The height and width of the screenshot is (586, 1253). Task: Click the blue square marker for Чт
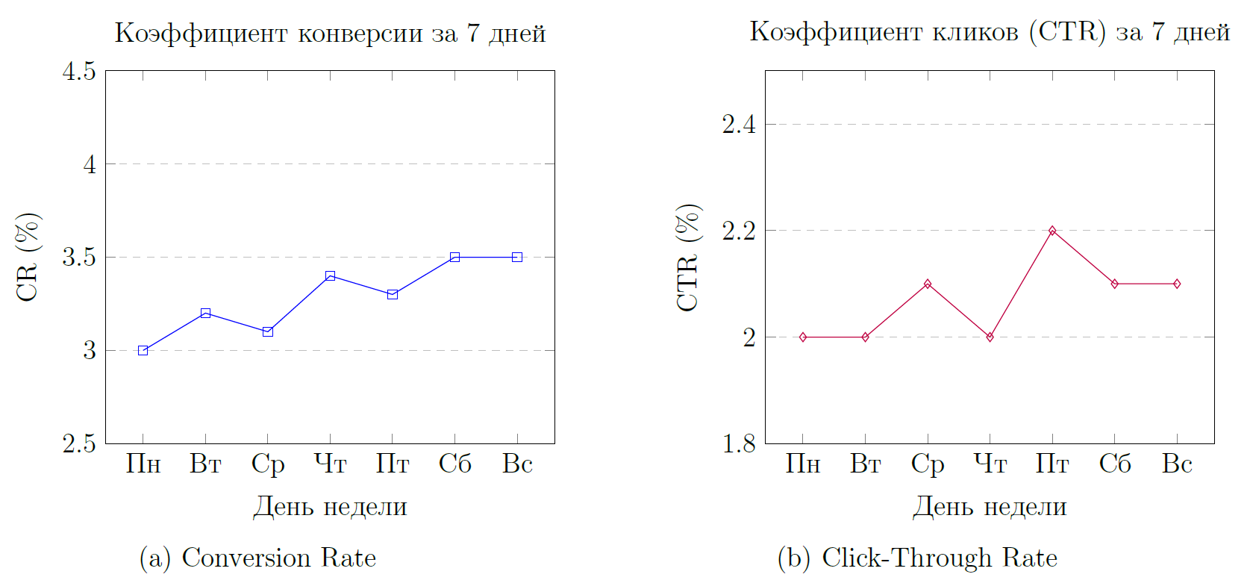tap(330, 276)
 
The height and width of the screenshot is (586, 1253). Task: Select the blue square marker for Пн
tap(143, 350)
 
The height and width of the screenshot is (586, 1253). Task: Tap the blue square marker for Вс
tap(517, 257)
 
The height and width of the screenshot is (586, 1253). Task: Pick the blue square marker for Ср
tap(268, 331)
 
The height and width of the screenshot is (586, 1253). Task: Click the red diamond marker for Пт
tap(1052, 231)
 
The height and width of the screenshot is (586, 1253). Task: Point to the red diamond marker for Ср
tap(928, 284)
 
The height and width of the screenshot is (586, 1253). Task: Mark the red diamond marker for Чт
tap(990, 337)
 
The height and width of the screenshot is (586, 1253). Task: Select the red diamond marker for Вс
tap(1177, 284)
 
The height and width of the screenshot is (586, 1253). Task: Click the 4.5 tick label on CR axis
tap(80, 72)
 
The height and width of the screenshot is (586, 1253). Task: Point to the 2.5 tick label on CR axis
tap(80, 443)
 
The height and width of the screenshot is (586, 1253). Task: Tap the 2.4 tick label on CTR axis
tap(739, 124)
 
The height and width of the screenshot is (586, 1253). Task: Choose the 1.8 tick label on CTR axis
tap(739, 443)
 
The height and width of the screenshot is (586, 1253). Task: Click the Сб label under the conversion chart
tap(454, 464)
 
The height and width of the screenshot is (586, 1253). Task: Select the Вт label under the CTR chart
tap(866, 464)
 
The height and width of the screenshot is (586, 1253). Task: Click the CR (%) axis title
tap(28, 257)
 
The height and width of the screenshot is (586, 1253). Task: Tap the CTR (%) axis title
tap(687, 257)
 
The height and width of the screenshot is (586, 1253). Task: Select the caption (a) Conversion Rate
tap(257, 558)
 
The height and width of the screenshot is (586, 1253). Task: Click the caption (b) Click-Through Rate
tap(917, 558)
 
